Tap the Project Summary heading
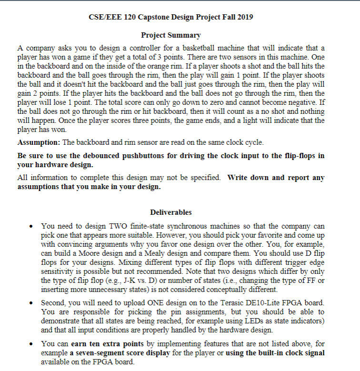tap(171, 35)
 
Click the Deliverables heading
tap(171, 212)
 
